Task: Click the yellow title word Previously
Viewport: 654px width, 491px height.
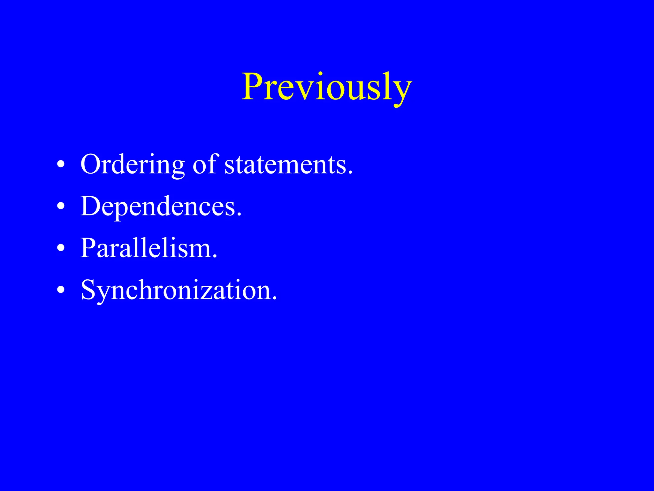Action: pos(326,87)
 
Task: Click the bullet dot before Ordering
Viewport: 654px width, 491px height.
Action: pos(61,165)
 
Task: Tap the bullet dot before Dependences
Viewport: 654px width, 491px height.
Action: pos(61,207)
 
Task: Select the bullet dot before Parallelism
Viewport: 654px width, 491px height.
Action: pos(61,249)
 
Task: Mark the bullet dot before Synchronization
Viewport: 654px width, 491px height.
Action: pos(61,290)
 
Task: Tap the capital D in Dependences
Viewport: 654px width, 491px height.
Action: pos(92,206)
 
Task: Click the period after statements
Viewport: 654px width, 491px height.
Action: pos(350,173)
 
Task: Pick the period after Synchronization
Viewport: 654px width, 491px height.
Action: pos(274,298)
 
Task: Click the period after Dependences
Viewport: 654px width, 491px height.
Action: pos(239,214)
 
